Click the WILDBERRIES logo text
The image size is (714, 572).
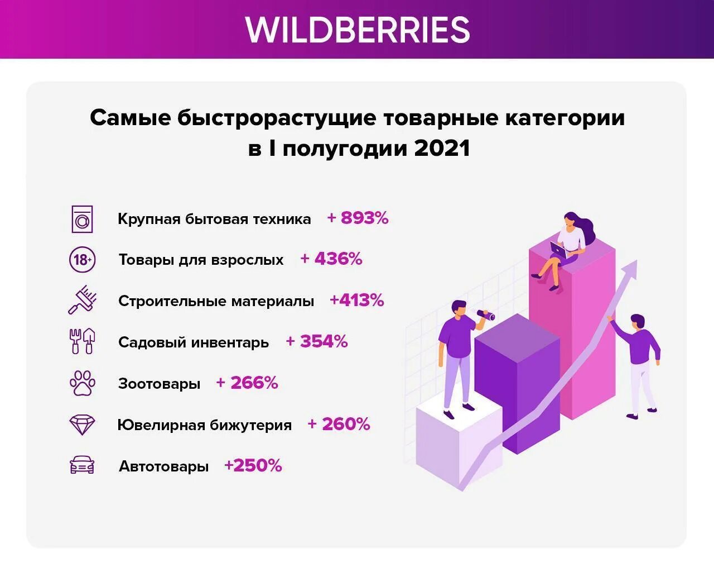pos(358,30)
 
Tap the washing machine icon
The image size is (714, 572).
pos(82,218)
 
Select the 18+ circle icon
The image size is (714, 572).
pos(82,260)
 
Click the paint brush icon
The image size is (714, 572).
pos(83,301)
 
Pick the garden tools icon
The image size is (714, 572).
pos(82,341)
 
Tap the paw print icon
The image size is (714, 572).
pos(82,383)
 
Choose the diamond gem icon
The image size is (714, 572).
pos(82,425)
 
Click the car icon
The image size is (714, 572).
pos(82,465)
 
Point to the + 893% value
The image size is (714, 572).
pos(358,218)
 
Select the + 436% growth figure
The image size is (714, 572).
pos(331,259)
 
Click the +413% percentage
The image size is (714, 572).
pos(357,301)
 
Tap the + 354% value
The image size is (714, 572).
pos(317,341)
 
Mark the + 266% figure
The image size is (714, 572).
pos(247,383)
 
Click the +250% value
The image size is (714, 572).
pos(253,465)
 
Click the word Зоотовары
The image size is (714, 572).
pos(159,384)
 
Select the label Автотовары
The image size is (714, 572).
pos(163,466)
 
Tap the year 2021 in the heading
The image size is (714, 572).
pos(442,149)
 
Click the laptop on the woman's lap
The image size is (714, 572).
pos(558,249)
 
